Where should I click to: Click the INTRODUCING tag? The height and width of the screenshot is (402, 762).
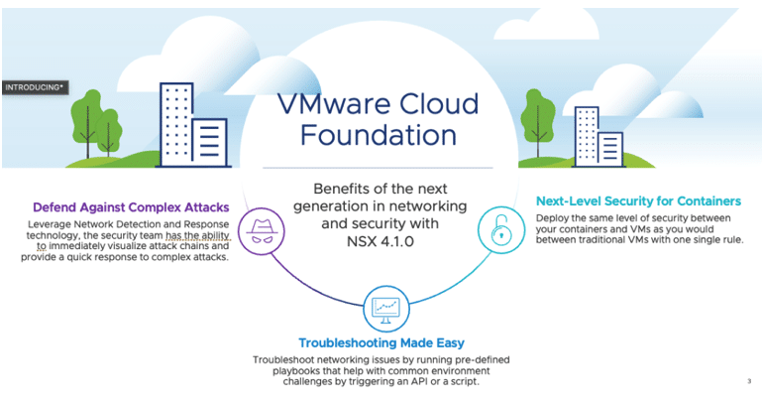click(x=35, y=87)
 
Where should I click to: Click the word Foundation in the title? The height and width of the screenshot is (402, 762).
click(x=379, y=135)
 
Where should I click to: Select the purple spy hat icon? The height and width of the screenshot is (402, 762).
click(x=262, y=231)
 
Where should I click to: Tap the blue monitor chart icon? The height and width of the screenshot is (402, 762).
click(x=385, y=309)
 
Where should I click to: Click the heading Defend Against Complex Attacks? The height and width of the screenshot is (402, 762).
click(x=131, y=207)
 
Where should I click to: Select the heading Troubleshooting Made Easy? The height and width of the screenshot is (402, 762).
click(x=381, y=343)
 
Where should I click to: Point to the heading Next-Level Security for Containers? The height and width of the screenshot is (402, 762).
click(x=638, y=201)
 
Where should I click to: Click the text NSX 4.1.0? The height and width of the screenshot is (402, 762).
click(x=381, y=241)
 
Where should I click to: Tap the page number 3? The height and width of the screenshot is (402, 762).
click(x=749, y=381)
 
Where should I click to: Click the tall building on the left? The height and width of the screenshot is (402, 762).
click(x=177, y=125)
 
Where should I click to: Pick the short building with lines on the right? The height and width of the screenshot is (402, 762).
click(x=609, y=149)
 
